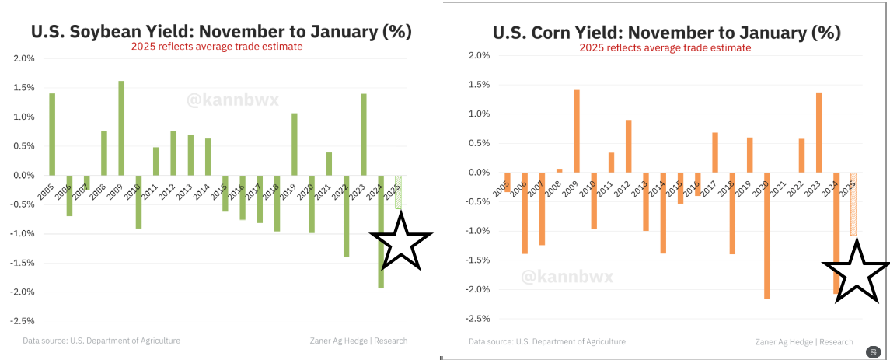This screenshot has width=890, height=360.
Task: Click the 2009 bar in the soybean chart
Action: click(121, 128)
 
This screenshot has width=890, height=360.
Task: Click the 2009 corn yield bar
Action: click(577, 131)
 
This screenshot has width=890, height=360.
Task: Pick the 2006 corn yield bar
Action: click(525, 213)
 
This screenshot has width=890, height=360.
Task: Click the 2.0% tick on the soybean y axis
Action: click(24, 58)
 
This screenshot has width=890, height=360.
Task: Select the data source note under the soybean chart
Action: click(101, 341)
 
